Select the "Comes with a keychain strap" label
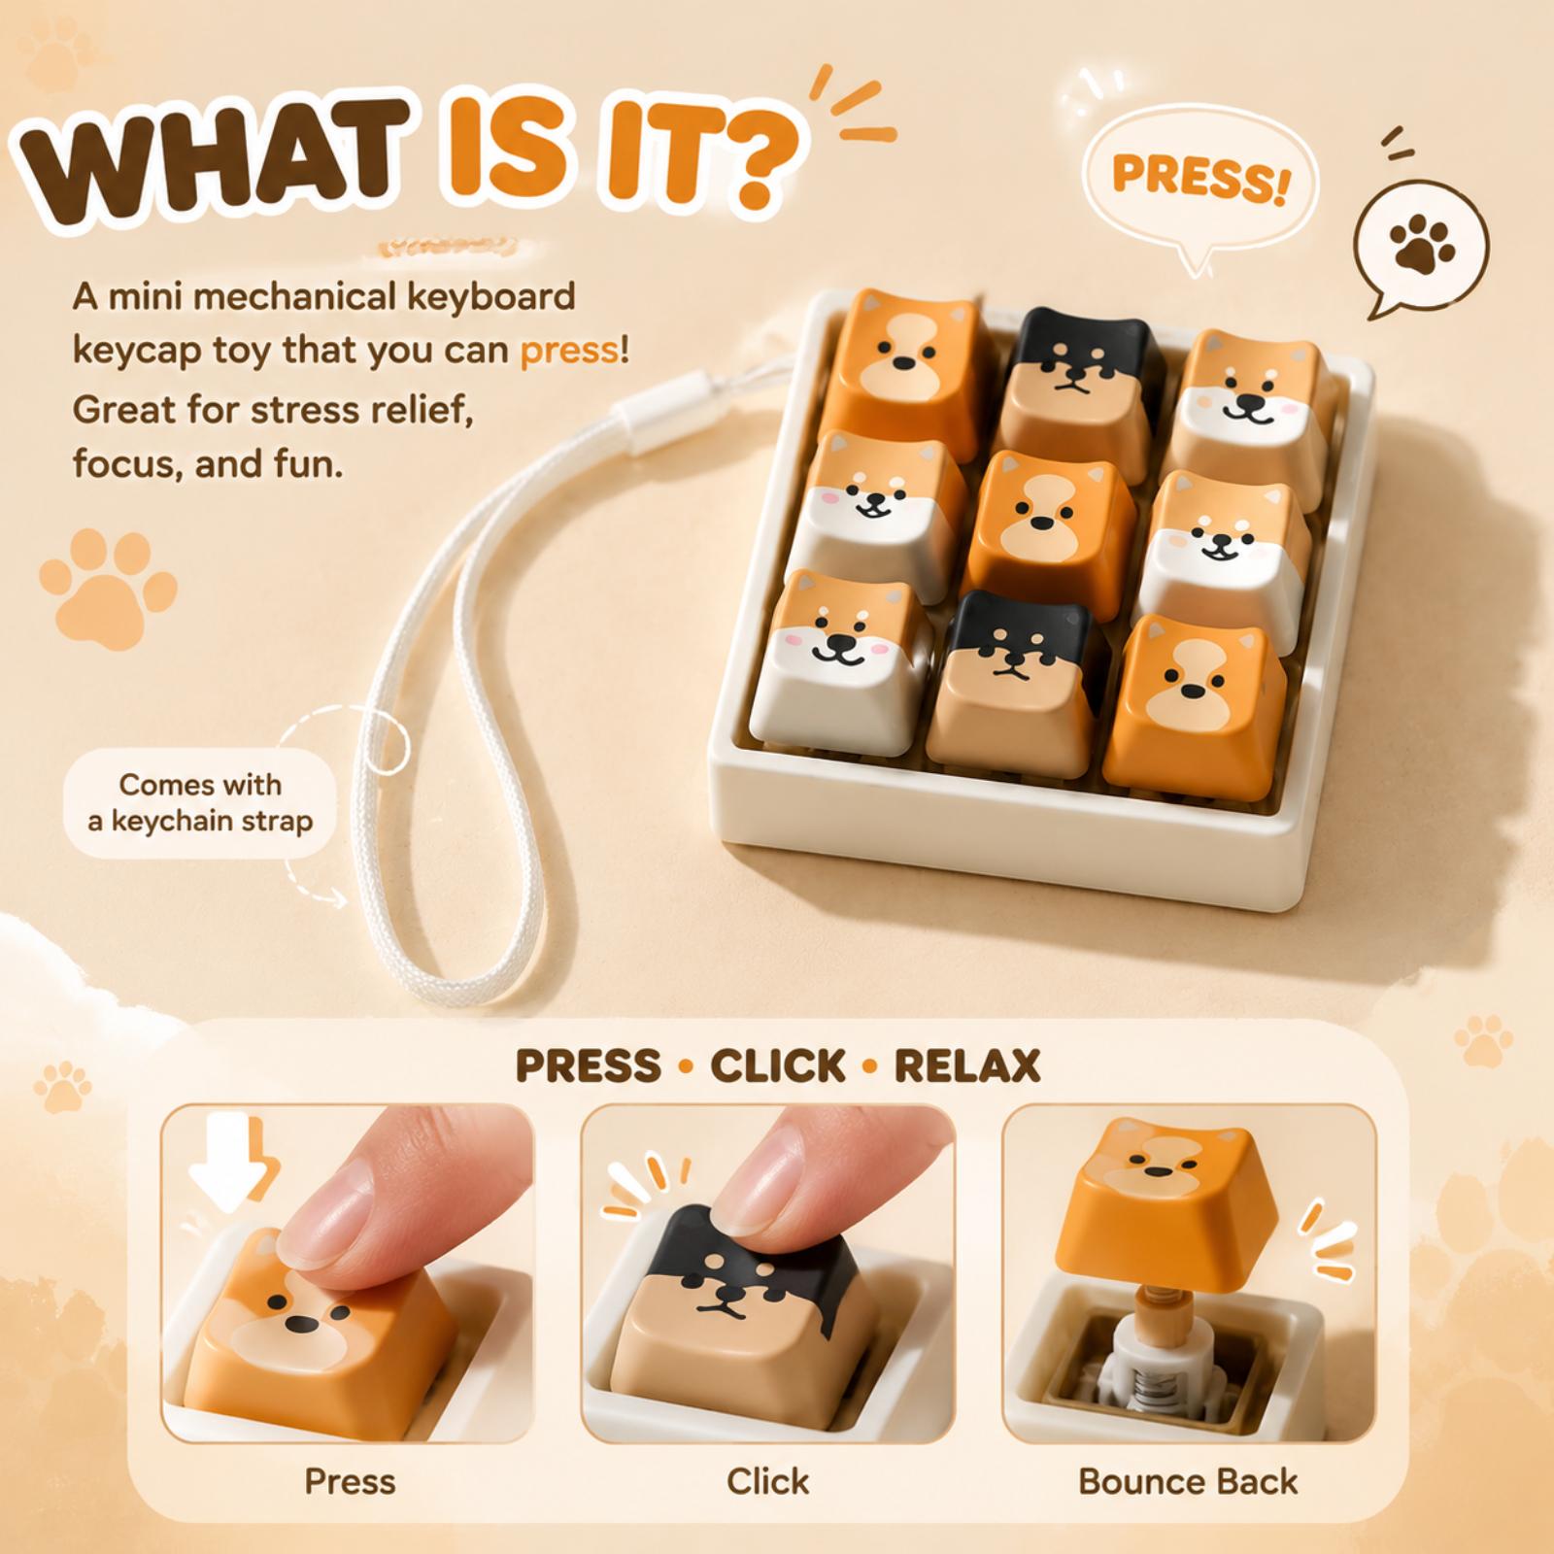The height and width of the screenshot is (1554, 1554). (200, 802)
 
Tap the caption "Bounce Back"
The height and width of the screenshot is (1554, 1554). (1188, 1481)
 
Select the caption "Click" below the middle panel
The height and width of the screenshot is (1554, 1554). (767, 1481)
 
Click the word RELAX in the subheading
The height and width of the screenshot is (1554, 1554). (966, 1065)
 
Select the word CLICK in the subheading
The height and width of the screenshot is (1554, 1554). (777, 1065)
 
